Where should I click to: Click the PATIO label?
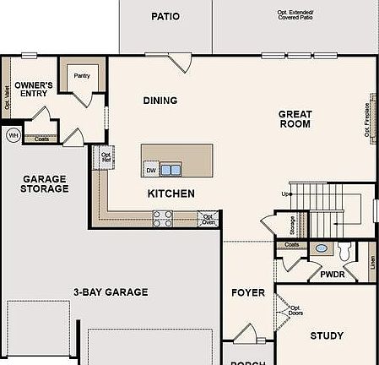point(165,16)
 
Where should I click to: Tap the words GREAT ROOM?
point(295,118)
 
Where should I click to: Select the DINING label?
point(160,101)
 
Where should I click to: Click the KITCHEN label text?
point(171,193)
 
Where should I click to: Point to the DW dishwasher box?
point(150,170)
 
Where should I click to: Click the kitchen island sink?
point(171,170)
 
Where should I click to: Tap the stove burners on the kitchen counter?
point(162,219)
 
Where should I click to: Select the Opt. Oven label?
point(208,219)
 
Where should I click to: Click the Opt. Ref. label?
point(106,156)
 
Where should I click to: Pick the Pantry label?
point(82,75)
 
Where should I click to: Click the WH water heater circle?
point(14,135)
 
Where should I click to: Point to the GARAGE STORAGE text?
point(45,184)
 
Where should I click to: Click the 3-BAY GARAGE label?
point(110,292)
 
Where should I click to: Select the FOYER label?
point(248,293)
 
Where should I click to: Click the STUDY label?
point(327,335)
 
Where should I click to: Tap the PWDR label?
point(331,275)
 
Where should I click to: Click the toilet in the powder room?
point(344,251)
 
